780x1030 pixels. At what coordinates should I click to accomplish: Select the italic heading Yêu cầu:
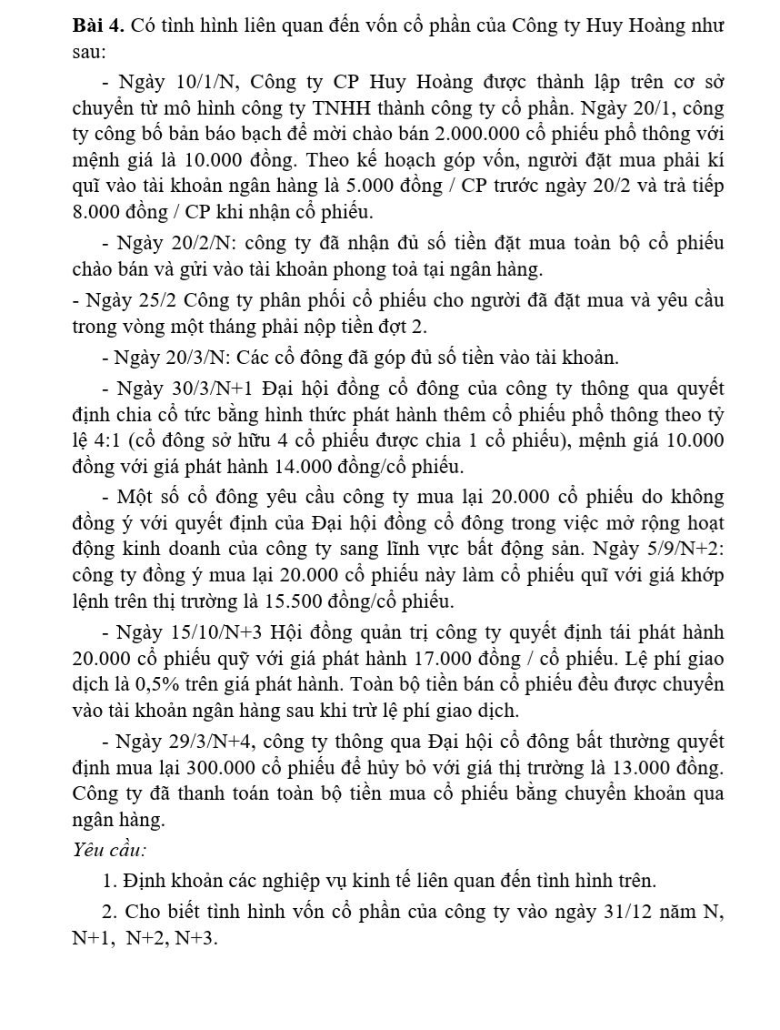coord(109,850)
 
